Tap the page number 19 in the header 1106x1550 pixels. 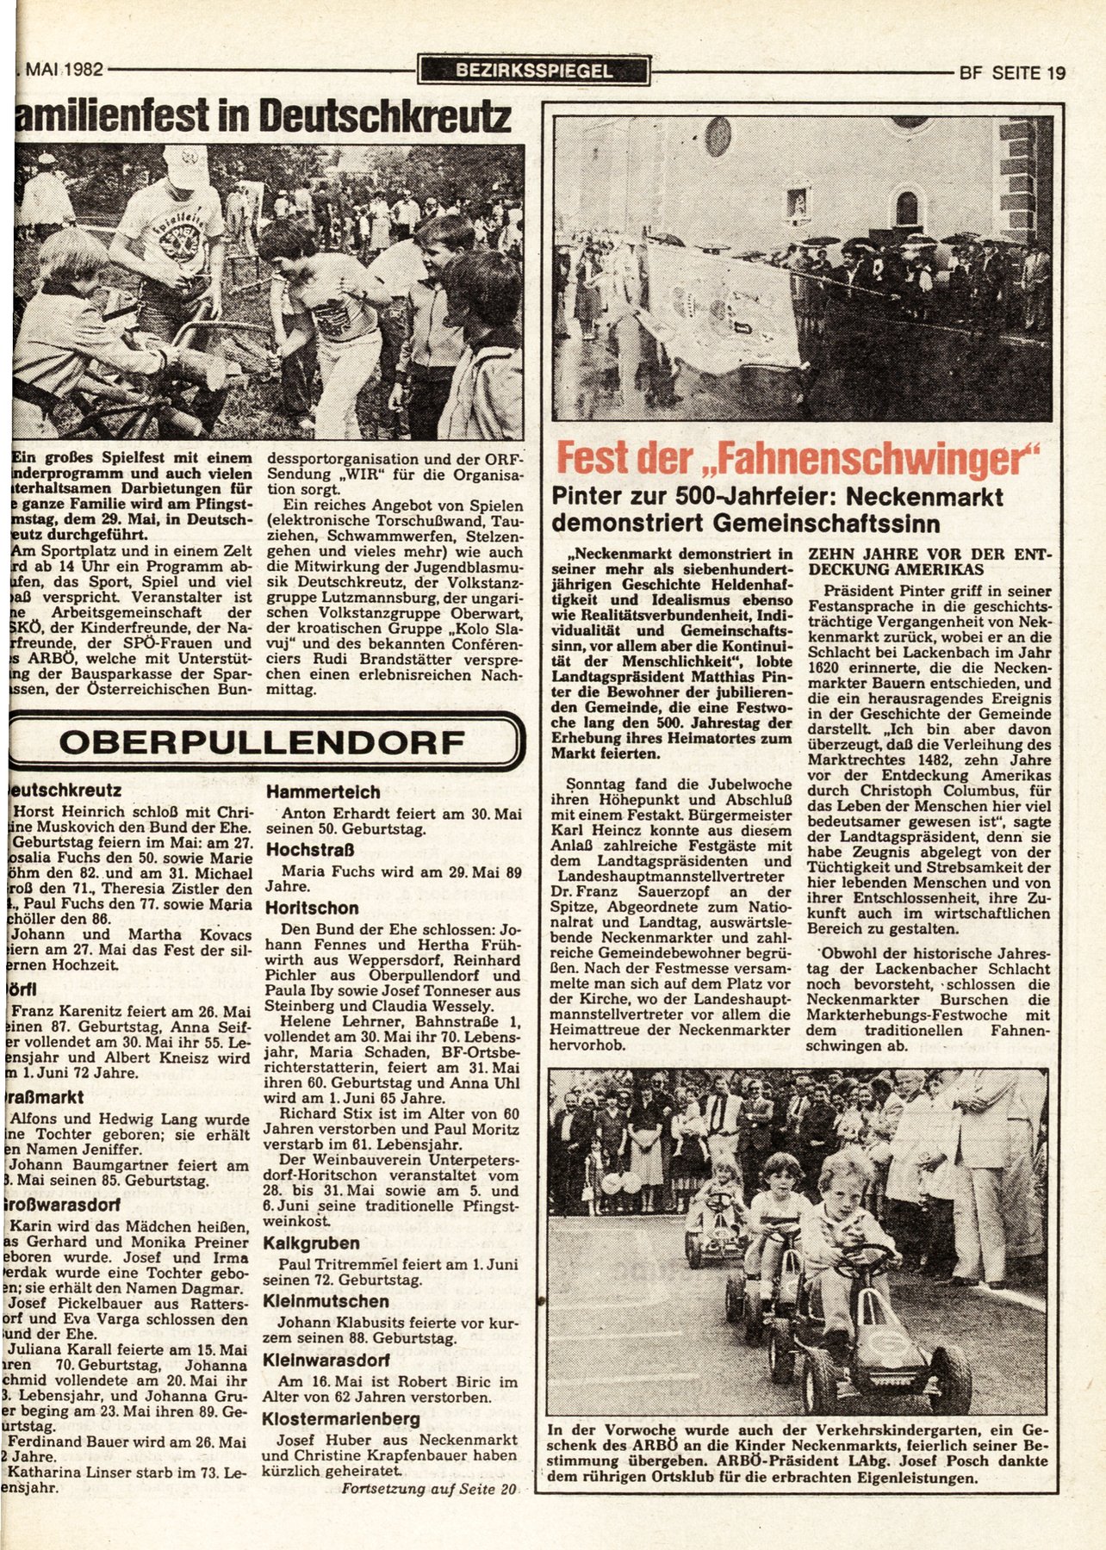pos(1056,72)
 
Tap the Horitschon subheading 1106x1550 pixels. pos(311,908)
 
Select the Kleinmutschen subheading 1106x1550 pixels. pos(327,1300)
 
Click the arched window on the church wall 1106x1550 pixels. pos(906,208)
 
